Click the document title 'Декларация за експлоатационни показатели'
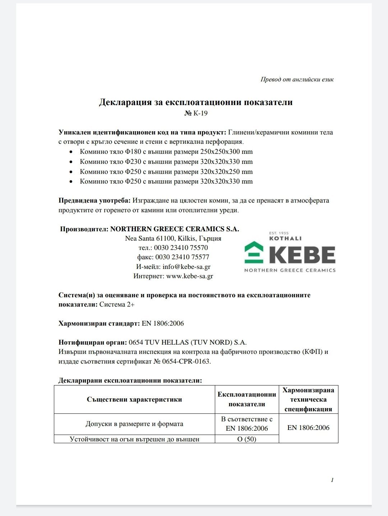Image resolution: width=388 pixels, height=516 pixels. [195, 102]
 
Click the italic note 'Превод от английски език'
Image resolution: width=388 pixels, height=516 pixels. [297, 79]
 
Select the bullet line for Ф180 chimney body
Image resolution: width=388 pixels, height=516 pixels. [166, 152]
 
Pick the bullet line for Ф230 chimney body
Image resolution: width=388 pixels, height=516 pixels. [166, 162]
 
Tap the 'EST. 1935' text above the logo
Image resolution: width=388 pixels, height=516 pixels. [279, 233]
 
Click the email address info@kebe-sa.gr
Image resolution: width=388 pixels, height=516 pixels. [186, 267]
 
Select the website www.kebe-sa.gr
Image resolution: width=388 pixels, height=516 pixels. [190, 276]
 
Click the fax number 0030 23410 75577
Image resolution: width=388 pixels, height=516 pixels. [182, 257]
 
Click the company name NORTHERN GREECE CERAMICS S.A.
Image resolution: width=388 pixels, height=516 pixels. [175, 229]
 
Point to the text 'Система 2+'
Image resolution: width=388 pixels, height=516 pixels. [117, 305]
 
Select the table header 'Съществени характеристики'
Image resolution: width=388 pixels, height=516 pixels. [134, 399]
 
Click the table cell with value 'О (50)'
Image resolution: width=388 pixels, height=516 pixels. [247, 439]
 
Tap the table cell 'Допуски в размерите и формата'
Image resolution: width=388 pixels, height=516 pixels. [134, 424]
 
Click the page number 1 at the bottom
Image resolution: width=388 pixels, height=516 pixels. [332, 480]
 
